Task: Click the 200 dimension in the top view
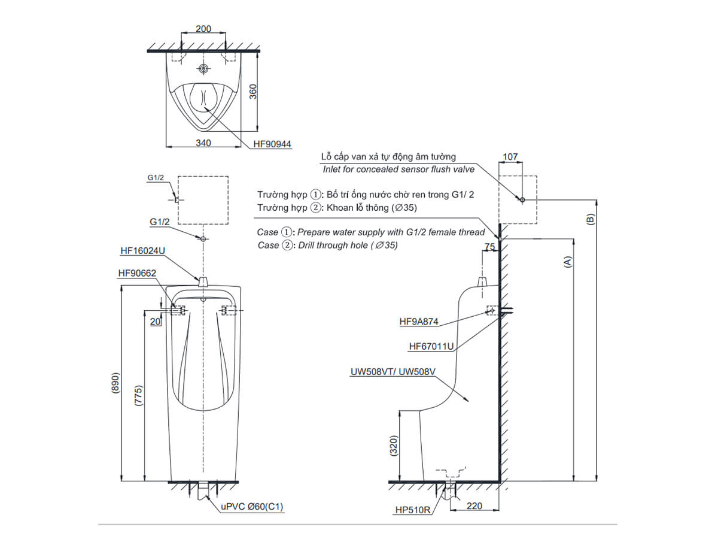click(x=203, y=29)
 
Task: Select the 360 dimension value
click(x=253, y=90)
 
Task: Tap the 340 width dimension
click(x=203, y=143)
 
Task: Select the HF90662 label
click(x=138, y=273)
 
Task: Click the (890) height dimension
click(x=115, y=384)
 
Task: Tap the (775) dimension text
click(x=138, y=396)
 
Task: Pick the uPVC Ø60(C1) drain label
click(x=252, y=507)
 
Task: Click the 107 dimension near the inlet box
click(x=510, y=157)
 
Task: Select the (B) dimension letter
click(x=591, y=219)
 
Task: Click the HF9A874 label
click(x=419, y=322)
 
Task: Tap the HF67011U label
click(x=431, y=346)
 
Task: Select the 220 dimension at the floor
click(x=474, y=506)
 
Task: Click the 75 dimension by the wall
click(x=490, y=246)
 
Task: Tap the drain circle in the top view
click(x=204, y=69)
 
